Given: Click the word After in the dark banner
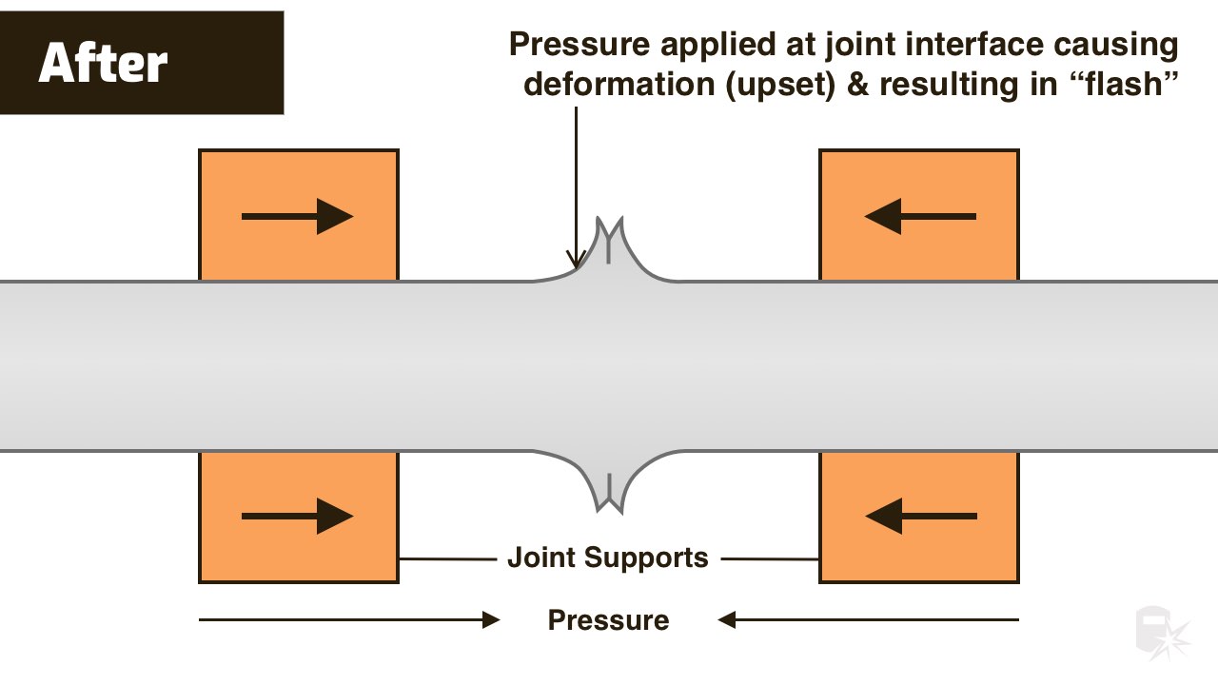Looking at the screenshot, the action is tap(103, 63).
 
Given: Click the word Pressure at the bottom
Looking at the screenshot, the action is tap(608, 619).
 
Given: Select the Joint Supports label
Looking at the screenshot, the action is tap(608, 558).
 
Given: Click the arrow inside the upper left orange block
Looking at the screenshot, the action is tap(298, 216).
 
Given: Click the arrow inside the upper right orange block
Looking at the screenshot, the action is tap(920, 216).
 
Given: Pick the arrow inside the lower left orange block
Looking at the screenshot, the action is tap(298, 516).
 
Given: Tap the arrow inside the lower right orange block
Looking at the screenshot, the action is tap(920, 516).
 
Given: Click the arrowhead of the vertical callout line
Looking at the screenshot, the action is tap(576, 259).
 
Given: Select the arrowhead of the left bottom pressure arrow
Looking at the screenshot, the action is tap(491, 619).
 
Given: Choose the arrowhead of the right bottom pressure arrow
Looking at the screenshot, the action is tap(727, 619).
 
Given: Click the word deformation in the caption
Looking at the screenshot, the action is tap(619, 84).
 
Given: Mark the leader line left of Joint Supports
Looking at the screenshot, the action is tap(448, 558).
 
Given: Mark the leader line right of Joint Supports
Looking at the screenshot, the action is tap(770, 558).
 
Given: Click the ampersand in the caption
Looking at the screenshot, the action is tap(857, 85).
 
